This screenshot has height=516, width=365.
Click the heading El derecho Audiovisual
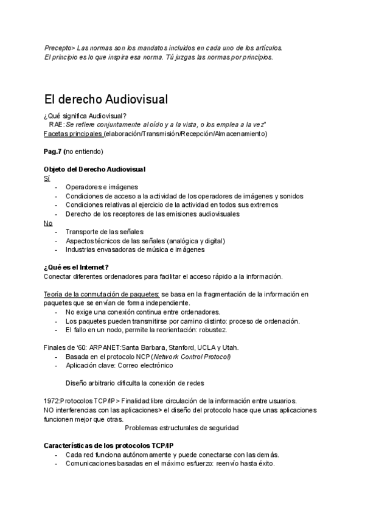tap(106, 99)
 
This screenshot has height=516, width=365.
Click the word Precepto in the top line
tap(56, 47)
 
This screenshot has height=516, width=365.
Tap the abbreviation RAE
tap(56, 125)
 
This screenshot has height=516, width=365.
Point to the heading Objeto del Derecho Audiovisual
tap(94, 169)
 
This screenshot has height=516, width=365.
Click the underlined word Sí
tap(47, 178)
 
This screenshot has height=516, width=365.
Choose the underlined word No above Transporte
tap(48, 223)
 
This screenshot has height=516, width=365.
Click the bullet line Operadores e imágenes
tap(102, 187)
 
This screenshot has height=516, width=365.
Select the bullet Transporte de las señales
tap(105, 232)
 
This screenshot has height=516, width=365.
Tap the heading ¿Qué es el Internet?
tap(76, 267)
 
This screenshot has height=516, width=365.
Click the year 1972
tap(52, 401)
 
